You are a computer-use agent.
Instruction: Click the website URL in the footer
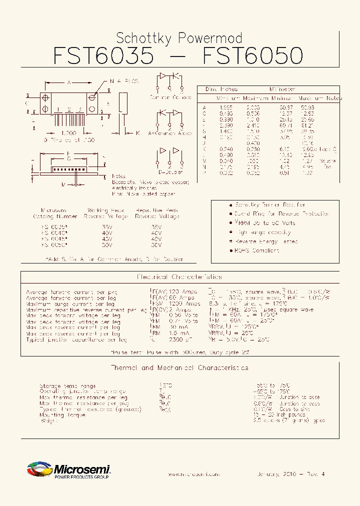(193, 474)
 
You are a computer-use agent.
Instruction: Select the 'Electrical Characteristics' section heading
(179, 276)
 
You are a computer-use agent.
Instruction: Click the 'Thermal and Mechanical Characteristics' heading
(179, 368)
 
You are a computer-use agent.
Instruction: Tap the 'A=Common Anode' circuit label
(170, 133)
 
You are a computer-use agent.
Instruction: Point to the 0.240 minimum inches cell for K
(226, 149)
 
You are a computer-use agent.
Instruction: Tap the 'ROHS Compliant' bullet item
(257, 250)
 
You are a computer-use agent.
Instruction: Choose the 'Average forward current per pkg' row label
(71, 291)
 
